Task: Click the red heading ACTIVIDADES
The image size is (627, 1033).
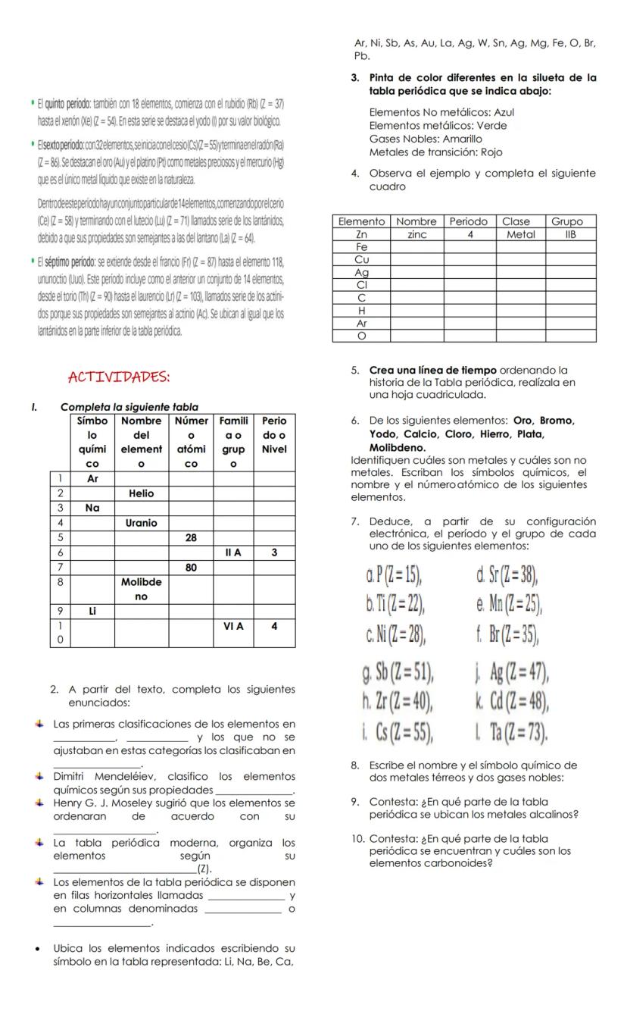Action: (x=119, y=377)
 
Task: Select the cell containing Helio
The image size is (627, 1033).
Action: (x=141, y=493)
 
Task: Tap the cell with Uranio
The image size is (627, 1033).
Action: (x=141, y=523)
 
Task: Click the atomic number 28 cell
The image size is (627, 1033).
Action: (x=191, y=537)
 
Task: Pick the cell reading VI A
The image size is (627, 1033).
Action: (x=232, y=627)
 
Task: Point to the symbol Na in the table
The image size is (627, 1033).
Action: (x=92, y=508)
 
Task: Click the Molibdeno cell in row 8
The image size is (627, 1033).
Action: (x=141, y=589)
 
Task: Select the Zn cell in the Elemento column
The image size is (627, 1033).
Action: (x=361, y=235)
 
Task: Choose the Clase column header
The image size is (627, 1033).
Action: (x=516, y=221)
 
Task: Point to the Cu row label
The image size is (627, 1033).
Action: (x=361, y=259)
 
